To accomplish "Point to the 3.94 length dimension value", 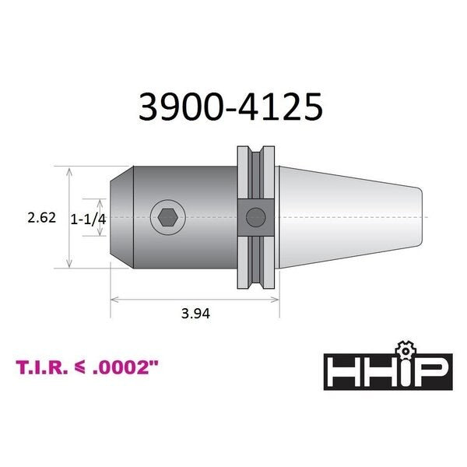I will tap(196, 313).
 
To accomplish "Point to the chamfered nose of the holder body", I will tap(117, 217).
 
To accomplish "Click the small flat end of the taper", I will tap(423, 217).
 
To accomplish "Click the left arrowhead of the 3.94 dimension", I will tap(114, 297).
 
